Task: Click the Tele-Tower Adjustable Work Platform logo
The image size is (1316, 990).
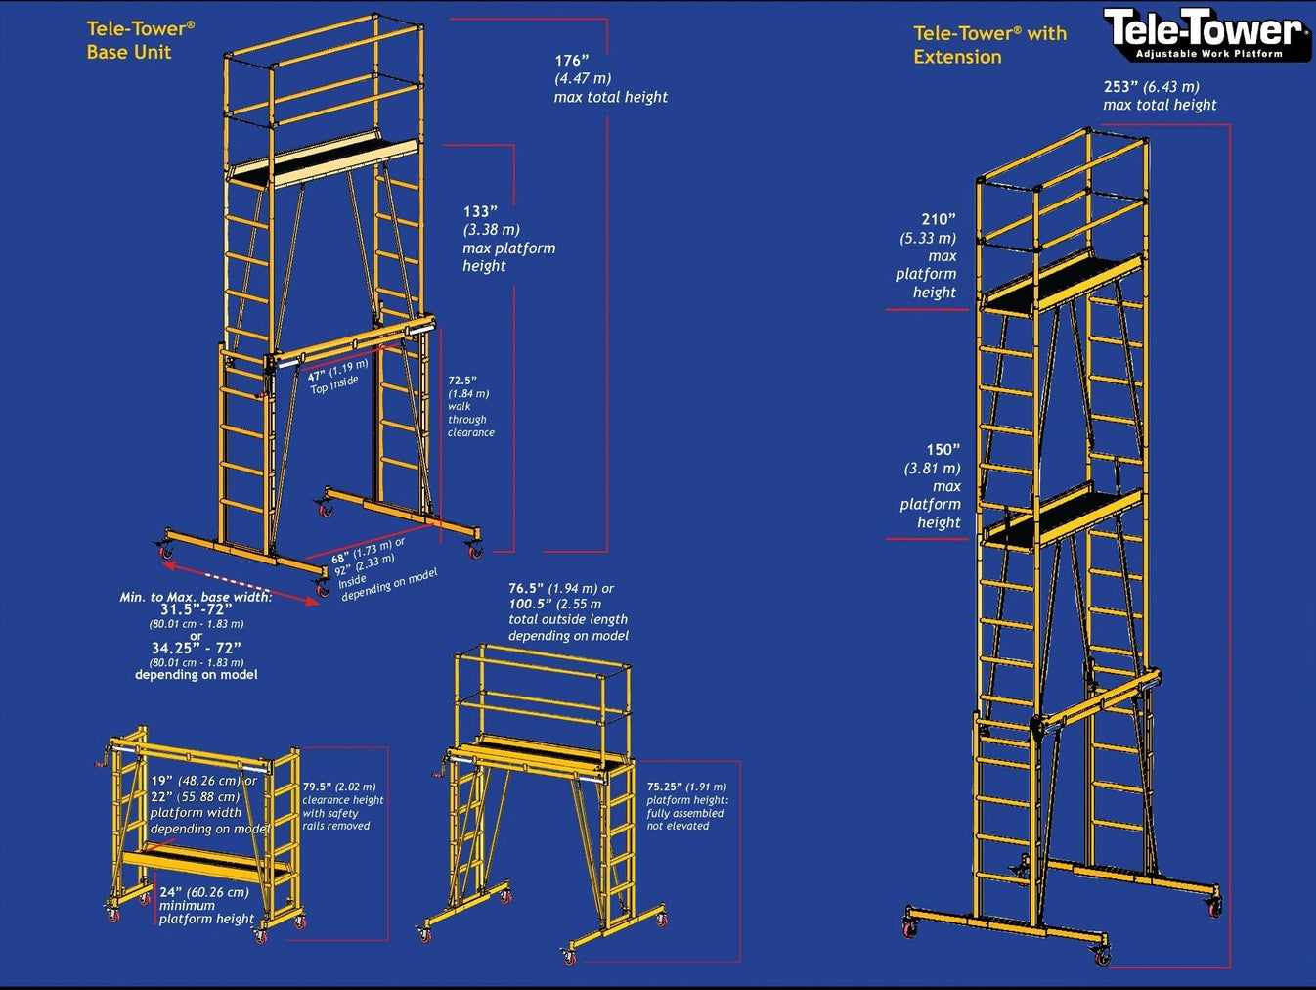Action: pos(1206,33)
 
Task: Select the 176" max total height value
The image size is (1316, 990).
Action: pos(572,61)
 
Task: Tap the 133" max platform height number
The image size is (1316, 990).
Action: pos(480,211)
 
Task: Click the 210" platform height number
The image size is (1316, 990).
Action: pos(938,220)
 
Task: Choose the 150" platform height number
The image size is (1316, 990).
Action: pos(943,450)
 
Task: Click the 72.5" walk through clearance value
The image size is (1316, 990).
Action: pos(461,381)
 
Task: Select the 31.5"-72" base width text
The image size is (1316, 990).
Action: pos(196,609)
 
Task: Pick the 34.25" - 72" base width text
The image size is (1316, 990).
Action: pos(196,648)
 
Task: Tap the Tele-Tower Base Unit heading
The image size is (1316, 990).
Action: pos(140,41)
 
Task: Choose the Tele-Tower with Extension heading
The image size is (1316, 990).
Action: pos(989,45)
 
